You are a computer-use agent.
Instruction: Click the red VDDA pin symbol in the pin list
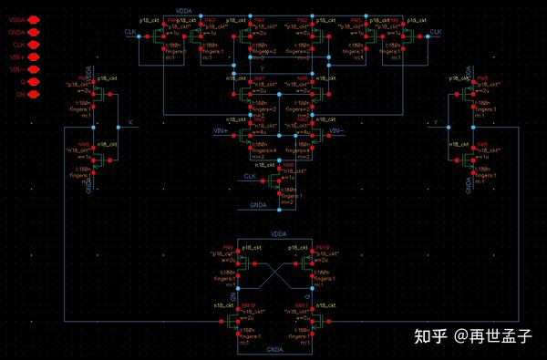click(34, 18)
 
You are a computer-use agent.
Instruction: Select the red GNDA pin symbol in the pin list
click(34, 31)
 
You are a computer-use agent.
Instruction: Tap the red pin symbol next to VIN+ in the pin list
click(34, 57)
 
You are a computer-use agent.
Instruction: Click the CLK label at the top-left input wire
click(129, 32)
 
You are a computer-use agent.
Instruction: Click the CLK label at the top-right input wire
click(436, 32)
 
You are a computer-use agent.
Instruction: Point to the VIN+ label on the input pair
click(219, 131)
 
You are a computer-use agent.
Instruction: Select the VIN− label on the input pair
click(335, 131)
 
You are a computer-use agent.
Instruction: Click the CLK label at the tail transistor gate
click(250, 175)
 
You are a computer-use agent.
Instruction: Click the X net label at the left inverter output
click(131, 121)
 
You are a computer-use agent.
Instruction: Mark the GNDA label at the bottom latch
click(273, 347)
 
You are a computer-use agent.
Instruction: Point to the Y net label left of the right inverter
click(437, 121)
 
